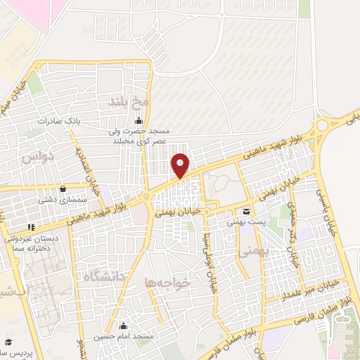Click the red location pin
(x=181, y=165)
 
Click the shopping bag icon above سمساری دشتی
(x=64, y=188)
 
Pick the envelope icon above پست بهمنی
(x=246, y=211)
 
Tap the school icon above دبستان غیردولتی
(x=30, y=226)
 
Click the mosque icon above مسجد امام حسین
(x=124, y=325)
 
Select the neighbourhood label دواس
(x=37, y=157)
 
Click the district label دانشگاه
(x=102, y=276)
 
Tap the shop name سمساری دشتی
(x=64, y=200)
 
